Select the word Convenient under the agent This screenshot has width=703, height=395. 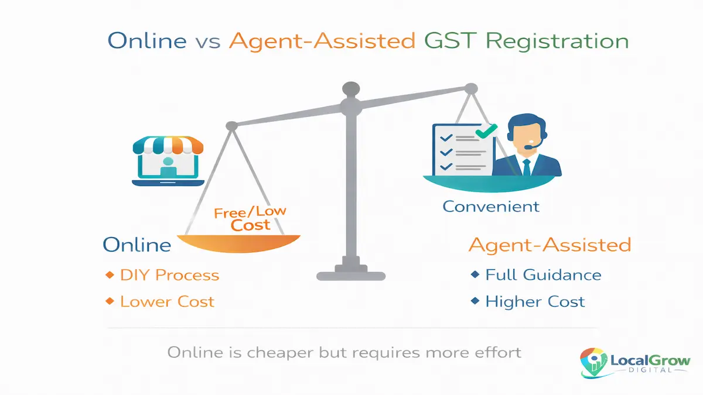490,206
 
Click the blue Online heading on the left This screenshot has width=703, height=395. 137,245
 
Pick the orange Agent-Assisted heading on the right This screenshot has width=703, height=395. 550,245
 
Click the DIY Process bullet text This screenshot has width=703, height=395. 169,275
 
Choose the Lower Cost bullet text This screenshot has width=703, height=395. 167,302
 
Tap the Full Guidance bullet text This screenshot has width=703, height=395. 543,275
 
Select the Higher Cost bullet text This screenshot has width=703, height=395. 535,302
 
